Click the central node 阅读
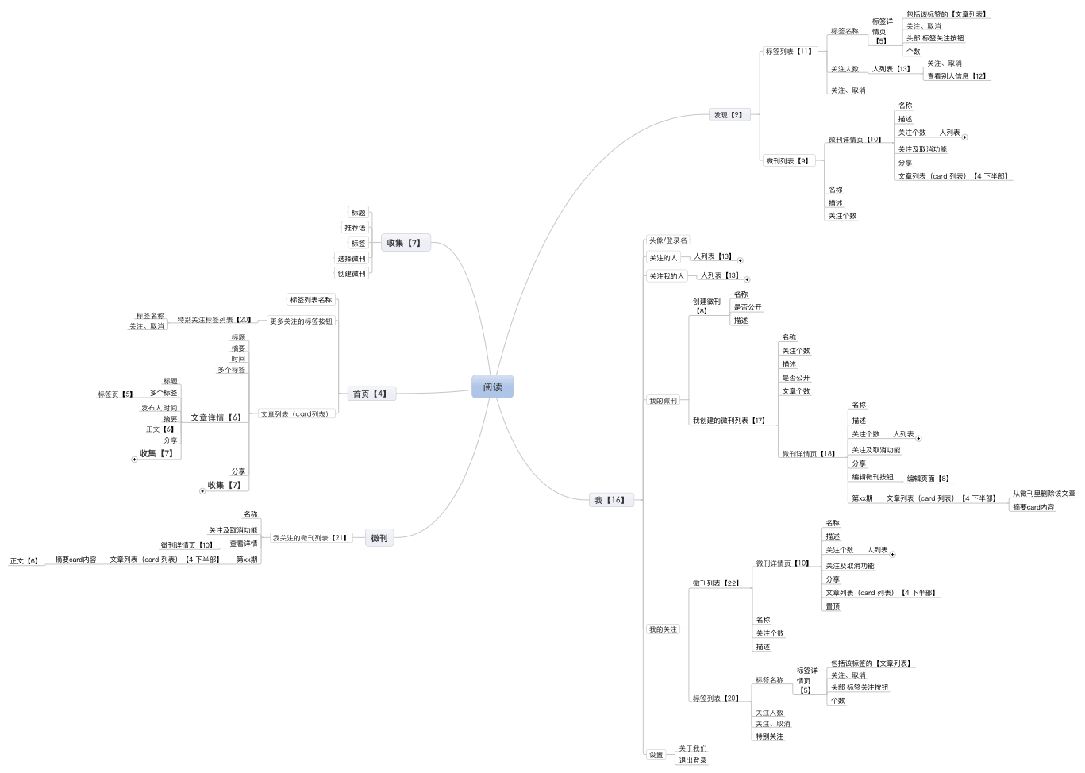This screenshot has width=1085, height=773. click(x=492, y=387)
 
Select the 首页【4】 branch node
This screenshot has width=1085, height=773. click(x=370, y=394)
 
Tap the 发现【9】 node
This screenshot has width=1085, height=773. click(x=729, y=115)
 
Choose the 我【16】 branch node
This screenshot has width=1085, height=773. click(x=610, y=500)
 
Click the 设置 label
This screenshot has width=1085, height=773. click(x=656, y=755)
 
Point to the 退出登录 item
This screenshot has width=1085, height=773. click(x=692, y=760)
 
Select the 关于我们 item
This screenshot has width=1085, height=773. click(x=692, y=748)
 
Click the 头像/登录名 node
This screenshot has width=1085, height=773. click(x=668, y=240)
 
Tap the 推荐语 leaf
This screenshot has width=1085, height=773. click(x=355, y=228)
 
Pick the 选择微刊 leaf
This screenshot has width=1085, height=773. click(x=352, y=259)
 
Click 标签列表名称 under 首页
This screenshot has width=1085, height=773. click(x=310, y=300)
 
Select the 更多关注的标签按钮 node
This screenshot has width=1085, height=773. click(x=301, y=321)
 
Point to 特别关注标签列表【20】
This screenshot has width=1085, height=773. click(x=214, y=320)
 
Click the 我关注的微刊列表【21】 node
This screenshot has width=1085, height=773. click(x=310, y=538)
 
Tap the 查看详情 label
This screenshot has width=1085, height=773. click(x=244, y=544)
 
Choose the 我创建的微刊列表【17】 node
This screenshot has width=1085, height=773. click(x=729, y=421)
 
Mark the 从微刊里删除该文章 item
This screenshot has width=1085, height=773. click(x=1044, y=494)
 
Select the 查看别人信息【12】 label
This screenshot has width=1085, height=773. click(x=957, y=76)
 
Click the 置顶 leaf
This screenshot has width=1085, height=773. click(x=833, y=606)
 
